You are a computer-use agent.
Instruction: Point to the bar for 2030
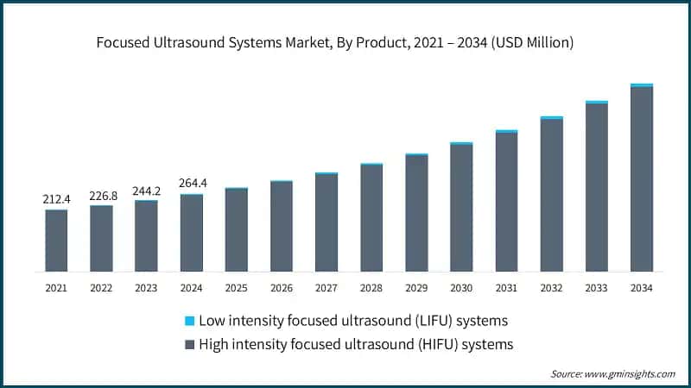point(461,207)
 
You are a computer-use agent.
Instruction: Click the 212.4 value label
point(56,200)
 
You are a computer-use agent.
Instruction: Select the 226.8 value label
point(101,196)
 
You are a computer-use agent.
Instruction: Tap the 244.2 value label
point(146,191)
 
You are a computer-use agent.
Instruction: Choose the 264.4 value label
point(191,184)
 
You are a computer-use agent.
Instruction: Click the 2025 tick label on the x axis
point(236,287)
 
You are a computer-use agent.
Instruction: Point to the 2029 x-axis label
point(416,287)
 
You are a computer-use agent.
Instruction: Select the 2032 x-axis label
point(551,287)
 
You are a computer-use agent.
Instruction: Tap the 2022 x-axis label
point(101,287)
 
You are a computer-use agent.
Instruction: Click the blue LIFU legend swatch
point(190,321)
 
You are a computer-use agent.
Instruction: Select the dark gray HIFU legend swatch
point(190,345)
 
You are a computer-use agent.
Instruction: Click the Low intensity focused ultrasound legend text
point(353,321)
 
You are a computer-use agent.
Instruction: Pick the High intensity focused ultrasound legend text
point(357,345)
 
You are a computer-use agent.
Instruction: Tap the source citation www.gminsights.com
point(612,373)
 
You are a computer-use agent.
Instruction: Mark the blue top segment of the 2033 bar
point(596,102)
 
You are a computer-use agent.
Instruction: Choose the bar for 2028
point(371,217)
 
